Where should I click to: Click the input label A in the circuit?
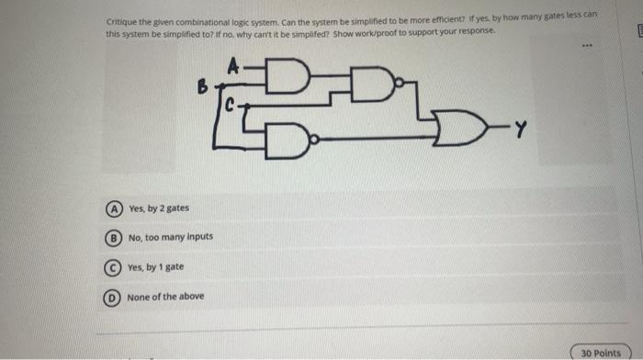pos(232,65)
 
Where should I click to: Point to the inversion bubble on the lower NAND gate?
pos(315,140)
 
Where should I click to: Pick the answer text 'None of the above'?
pos(165,297)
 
